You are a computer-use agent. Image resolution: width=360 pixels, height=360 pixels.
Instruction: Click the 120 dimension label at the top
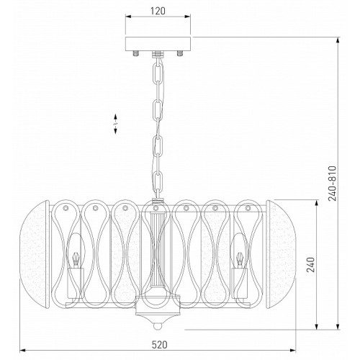click(158, 11)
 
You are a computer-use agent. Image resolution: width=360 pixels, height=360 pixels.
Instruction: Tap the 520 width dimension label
click(160, 345)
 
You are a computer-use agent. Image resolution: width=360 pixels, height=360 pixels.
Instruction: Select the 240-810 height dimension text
click(333, 184)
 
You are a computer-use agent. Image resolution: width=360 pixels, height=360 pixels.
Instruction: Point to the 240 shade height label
click(311, 265)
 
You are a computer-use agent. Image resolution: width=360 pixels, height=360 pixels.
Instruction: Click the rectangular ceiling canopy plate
click(158, 44)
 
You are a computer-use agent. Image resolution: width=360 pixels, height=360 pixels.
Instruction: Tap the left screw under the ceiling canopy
click(136, 53)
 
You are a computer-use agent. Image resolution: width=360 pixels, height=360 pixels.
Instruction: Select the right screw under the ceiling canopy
click(180, 53)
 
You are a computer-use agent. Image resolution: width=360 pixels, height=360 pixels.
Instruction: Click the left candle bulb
click(76, 251)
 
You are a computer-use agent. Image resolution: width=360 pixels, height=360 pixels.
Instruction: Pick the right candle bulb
click(239, 251)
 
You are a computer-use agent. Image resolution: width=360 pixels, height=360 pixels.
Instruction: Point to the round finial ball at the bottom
click(158, 326)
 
